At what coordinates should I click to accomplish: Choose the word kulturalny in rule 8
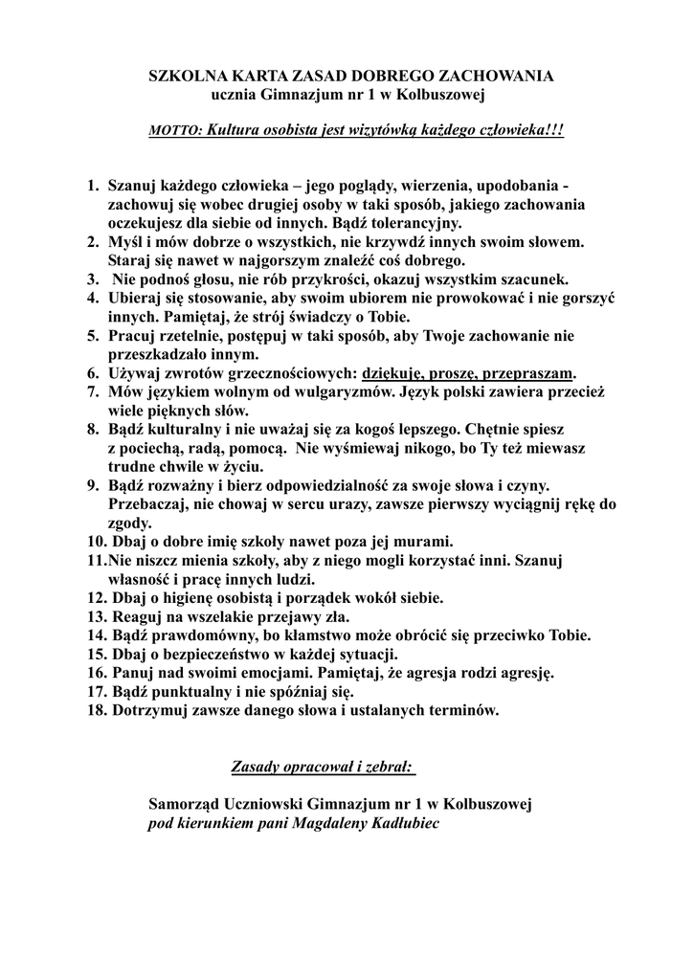pos(189,429)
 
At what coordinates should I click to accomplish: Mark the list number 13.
pos(96,615)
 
